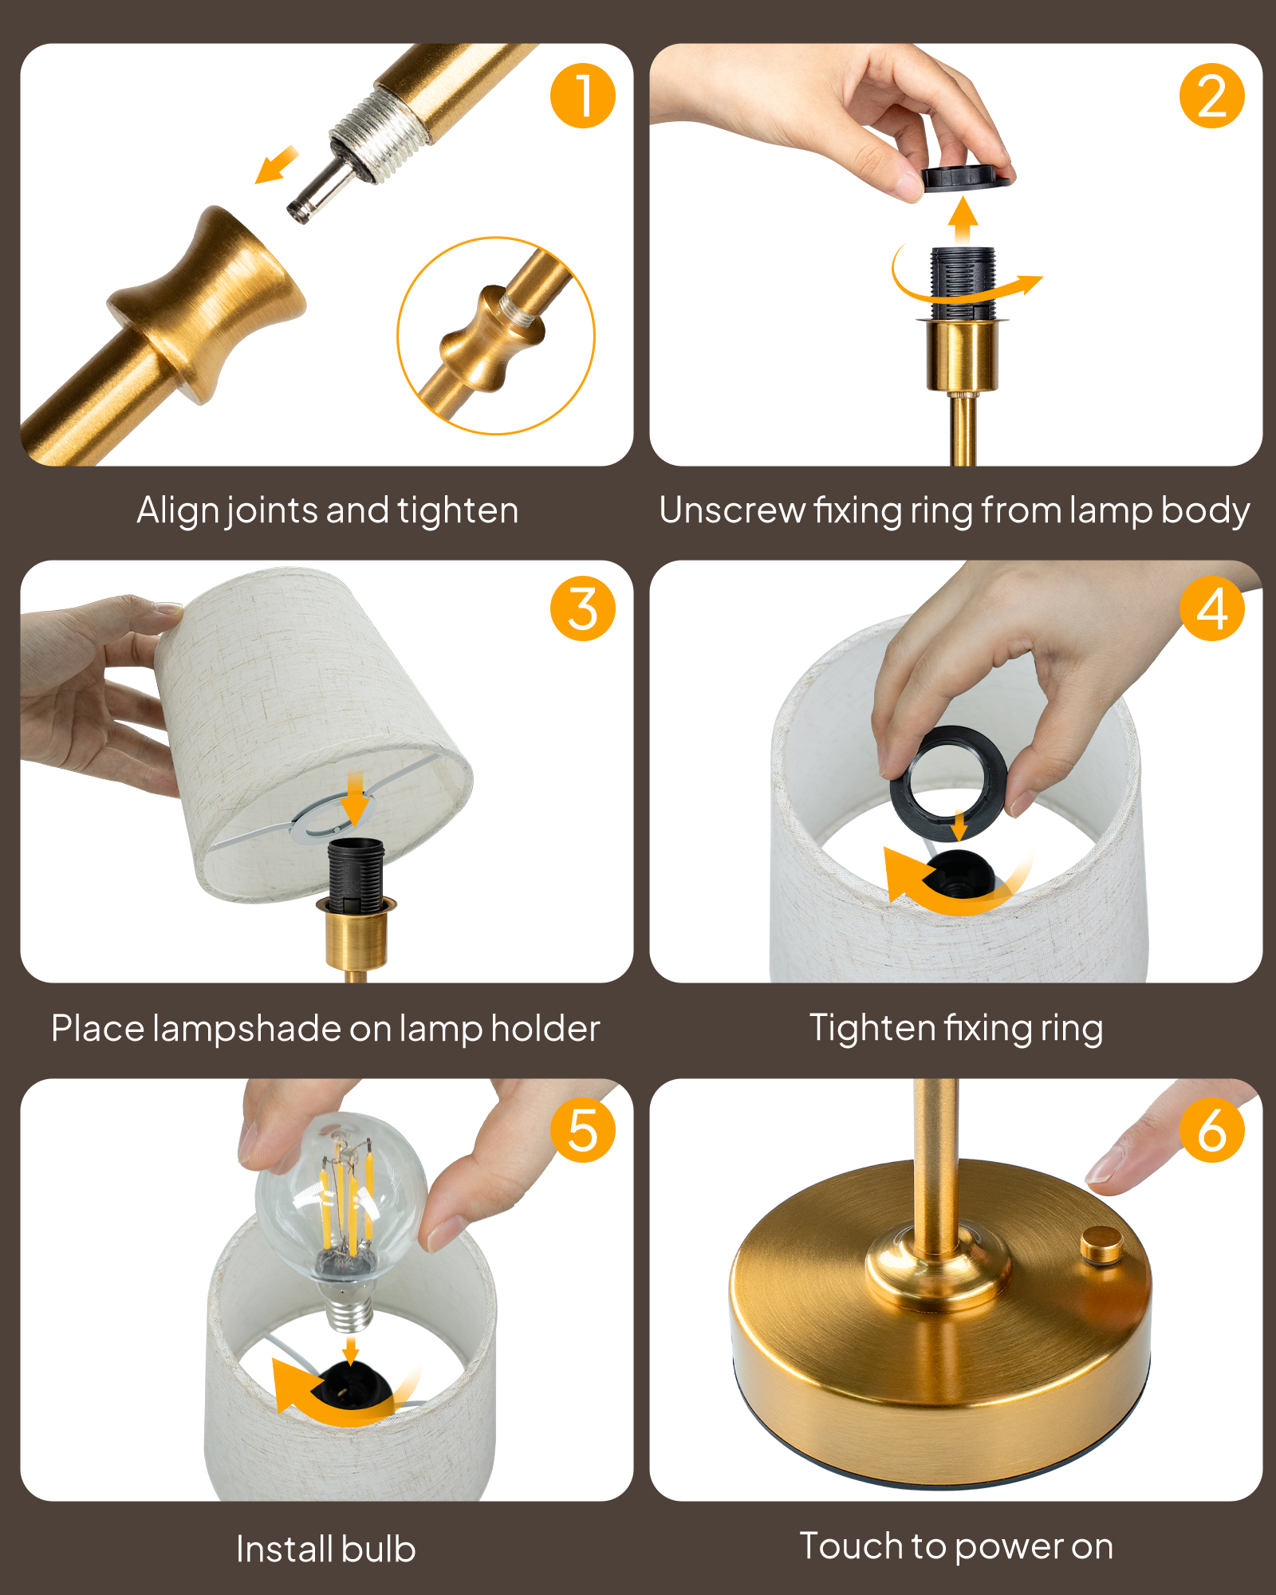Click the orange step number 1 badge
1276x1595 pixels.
tap(582, 96)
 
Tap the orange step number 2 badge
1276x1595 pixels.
tap(1211, 96)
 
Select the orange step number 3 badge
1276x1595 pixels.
tap(582, 608)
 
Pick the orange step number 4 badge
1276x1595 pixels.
tap(1211, 608)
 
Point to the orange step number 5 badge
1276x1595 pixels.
tap(582, 1129)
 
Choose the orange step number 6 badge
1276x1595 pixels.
tap(1211, 1129)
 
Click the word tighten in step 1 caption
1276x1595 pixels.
tap(458, 510)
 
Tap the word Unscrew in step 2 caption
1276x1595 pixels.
tap(731, 510)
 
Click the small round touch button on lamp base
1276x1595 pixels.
tap(1102, 1244)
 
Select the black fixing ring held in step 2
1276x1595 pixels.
tap(966, 176)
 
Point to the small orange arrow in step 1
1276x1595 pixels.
tap(276, 165)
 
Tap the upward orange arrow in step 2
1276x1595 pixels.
tap(963, 221)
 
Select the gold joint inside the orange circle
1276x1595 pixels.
tap(490, 338)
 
